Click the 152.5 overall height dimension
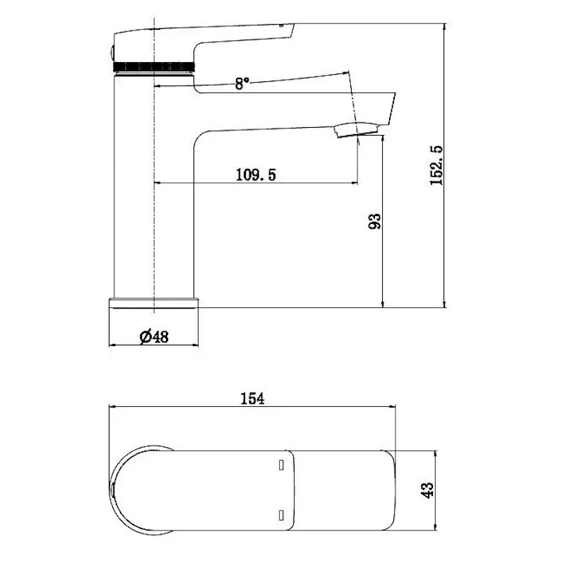click(436, 165)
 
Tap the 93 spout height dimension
click(374, 221)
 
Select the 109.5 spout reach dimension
click(256, 174)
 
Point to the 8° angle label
click(242, 83)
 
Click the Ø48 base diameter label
click(154, 337)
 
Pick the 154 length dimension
click(252, 399)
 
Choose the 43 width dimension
click(427, 490)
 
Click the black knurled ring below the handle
click(154, 67)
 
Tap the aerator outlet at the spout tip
click(356, 130)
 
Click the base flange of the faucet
click(154, 303)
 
